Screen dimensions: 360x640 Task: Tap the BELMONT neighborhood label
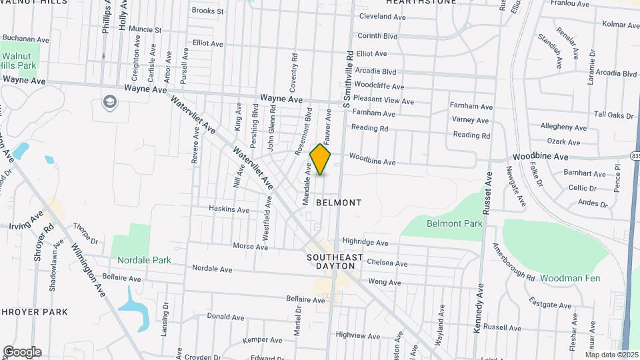click(x=339, y=202)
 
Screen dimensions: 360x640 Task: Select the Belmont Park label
click(x=454, y=224)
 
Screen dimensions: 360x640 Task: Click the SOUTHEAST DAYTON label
click(x=335, y=261)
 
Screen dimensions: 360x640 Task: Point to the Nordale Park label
click(x=144, y=260)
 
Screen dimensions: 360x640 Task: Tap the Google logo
click(x=22, y=351)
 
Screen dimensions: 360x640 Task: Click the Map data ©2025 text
click(x=611, y=354)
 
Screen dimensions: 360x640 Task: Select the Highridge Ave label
click(x=365, y=243)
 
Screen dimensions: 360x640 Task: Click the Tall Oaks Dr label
click(x=613, y=115)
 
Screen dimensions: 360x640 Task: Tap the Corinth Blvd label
click(x=377, y=36)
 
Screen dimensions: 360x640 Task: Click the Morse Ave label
click(x=250, y=247)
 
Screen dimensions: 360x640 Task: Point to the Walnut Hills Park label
click(x=18, y=61)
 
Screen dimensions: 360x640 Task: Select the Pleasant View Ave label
click(x=383, y=101)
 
